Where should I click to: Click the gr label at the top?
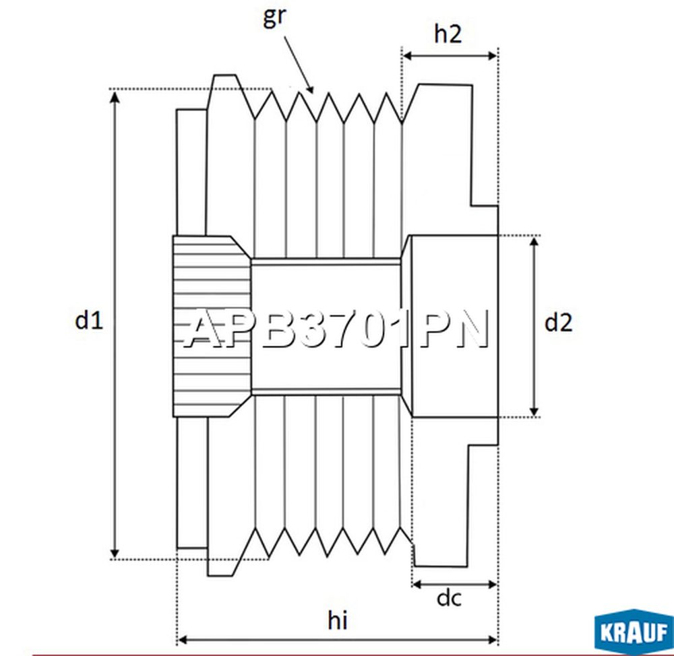point(274,18)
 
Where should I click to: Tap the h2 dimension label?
point(448,34)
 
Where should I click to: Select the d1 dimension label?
point(89,320)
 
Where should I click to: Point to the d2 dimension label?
point(558,323)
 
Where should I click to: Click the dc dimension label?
point(449,598)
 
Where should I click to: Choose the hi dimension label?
point(338,620)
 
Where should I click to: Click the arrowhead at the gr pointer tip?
point(309,88)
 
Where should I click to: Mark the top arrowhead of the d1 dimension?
point(115,97)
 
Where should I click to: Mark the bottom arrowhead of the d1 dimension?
point(115,552)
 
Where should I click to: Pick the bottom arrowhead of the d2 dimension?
point(534,411)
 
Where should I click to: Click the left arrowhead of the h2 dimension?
point(408,56)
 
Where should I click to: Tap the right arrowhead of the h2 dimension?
point(492,56)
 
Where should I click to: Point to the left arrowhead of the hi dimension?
point(183,641)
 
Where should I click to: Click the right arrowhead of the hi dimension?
point(492,641)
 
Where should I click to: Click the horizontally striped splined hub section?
point(212,326)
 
